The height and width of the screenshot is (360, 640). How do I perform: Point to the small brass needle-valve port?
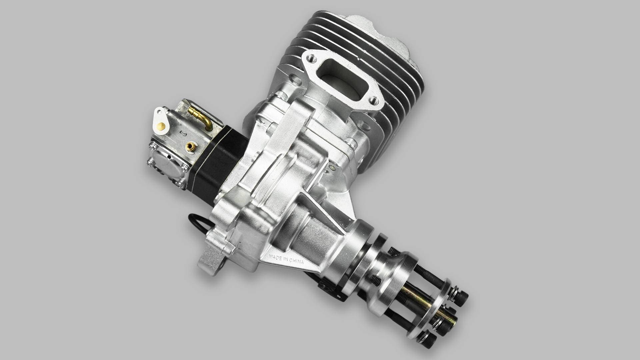point(191,146)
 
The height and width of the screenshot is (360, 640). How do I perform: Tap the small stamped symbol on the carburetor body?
point(183,134)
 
